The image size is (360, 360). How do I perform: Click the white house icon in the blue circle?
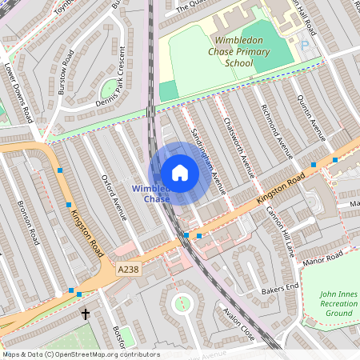coord(180,173)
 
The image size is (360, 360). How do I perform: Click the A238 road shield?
coord(127,270)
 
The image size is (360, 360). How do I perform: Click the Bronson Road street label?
coord(27,222)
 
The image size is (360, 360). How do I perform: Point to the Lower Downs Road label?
coord(18,93)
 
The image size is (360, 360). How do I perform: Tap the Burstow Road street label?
coord(67,73)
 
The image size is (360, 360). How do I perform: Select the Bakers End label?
coord(282,286)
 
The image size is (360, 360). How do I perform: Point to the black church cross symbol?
coord(85,314)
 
